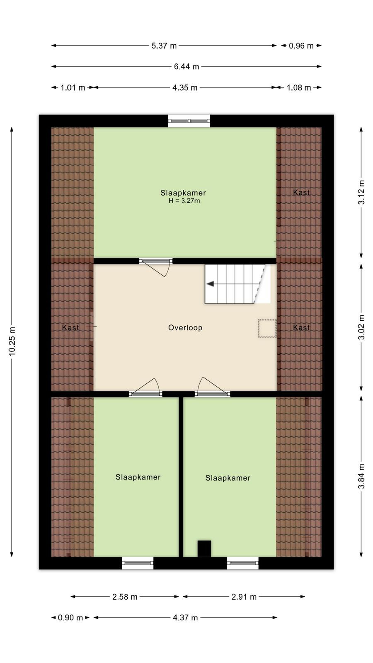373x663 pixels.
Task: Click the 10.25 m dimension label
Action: [x=12, y=341]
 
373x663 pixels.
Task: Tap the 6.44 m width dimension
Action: [x=186, y=67]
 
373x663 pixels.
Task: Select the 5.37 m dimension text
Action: [x=164, y=46]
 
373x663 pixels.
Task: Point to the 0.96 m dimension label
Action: [x=301, y=46]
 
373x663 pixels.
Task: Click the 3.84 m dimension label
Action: [x=361, y=476]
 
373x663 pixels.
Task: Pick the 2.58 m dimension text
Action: [x=125, y=597]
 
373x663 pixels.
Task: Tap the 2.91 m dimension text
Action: [x=244, y=597]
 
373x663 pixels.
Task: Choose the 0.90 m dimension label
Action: [x=70, y=617]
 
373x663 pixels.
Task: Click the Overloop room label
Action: [x=185, y=328]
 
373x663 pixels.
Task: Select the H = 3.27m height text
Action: [x=184, y=201]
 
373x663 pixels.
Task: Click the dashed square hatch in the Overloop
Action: [x=267, y=328]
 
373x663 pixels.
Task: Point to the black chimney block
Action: [x=204, y=549]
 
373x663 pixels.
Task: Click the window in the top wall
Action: [x=189, y=121]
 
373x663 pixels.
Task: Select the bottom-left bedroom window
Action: [x=138, y=563]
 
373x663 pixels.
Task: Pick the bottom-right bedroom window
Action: [x=243, y=563]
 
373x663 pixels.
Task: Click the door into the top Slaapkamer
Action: [x=156, y=266]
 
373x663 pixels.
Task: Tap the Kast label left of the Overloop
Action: [x=70, y=328]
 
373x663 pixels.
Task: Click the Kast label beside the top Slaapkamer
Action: [x=301, y=192]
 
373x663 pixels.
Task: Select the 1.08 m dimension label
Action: [x=299, y=87]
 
